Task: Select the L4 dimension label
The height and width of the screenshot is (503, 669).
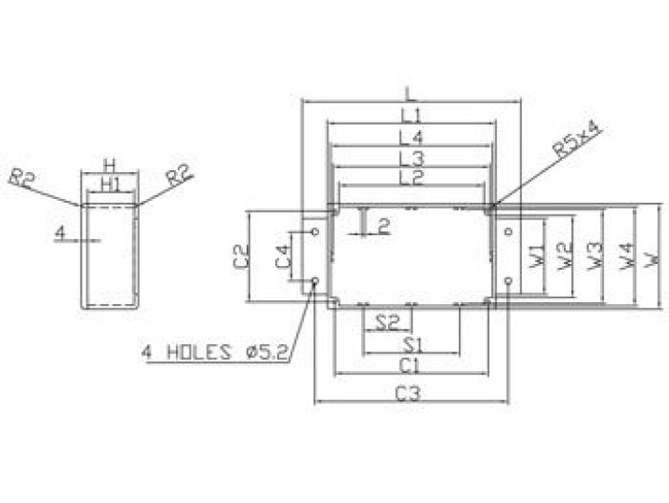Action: [x=411, y=138]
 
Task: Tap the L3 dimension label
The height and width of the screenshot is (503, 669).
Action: [x=411, y=159]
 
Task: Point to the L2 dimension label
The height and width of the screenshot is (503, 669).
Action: [x=411, y=178]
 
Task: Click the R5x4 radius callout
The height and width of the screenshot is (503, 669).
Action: [x=576, y=139]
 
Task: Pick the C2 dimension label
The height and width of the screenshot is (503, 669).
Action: [x=241, y=256]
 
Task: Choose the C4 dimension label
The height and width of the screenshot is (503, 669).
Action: [x=283, y=257]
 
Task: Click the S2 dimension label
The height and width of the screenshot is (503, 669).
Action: [x=387, y=324]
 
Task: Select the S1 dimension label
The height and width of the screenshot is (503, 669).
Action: [x=412, y=345]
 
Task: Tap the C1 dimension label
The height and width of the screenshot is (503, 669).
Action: [x=408, y=365]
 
